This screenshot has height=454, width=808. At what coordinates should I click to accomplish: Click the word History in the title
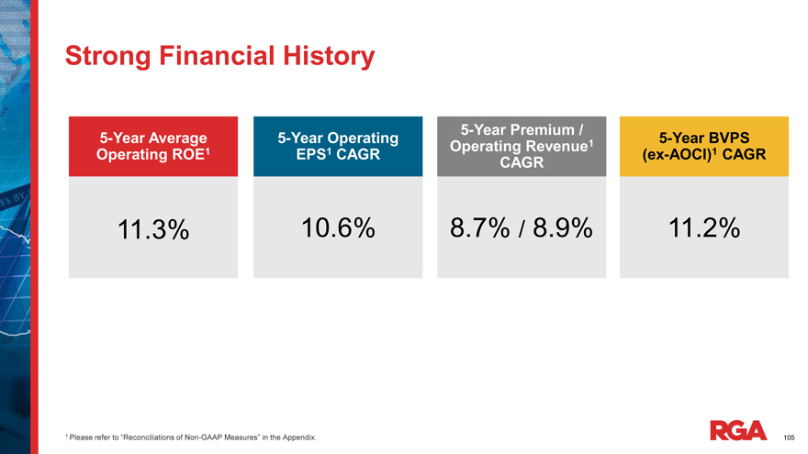(x=326, y=57)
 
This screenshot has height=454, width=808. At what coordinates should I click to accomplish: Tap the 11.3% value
(x=153, y=231)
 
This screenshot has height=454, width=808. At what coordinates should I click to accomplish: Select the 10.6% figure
(x=337, y=228)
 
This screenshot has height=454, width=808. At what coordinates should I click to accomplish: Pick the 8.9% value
(x=557, y=228)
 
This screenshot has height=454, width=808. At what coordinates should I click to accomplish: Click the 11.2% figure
(x=704, y=228)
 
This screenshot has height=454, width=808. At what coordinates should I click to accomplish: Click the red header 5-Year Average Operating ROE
(x=153, y=147)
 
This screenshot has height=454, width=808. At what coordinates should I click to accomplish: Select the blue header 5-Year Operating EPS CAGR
(x=337, y=147)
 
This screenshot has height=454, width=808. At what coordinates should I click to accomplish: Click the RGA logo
(x=738, y=429)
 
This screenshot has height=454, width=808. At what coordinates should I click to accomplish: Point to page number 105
(x=789, y=437)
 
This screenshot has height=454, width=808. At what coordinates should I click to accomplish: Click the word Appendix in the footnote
(x=298, y=438)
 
